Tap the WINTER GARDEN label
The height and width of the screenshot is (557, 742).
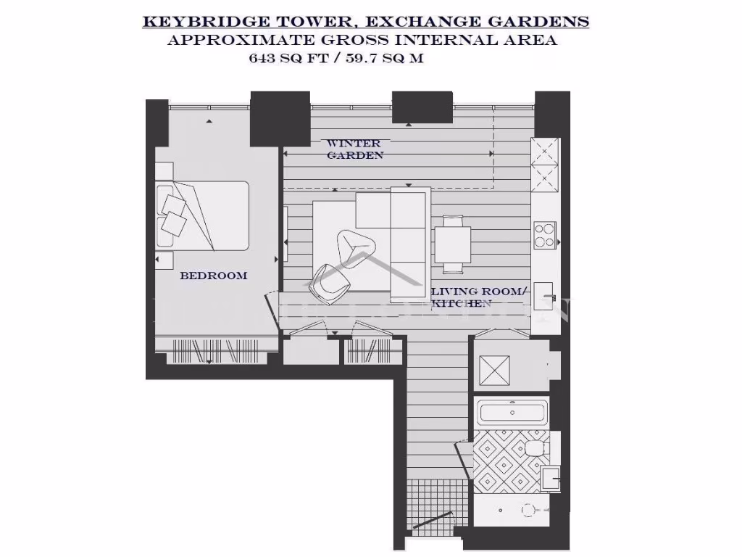[354, 149]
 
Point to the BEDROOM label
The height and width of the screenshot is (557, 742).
[213, 276]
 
